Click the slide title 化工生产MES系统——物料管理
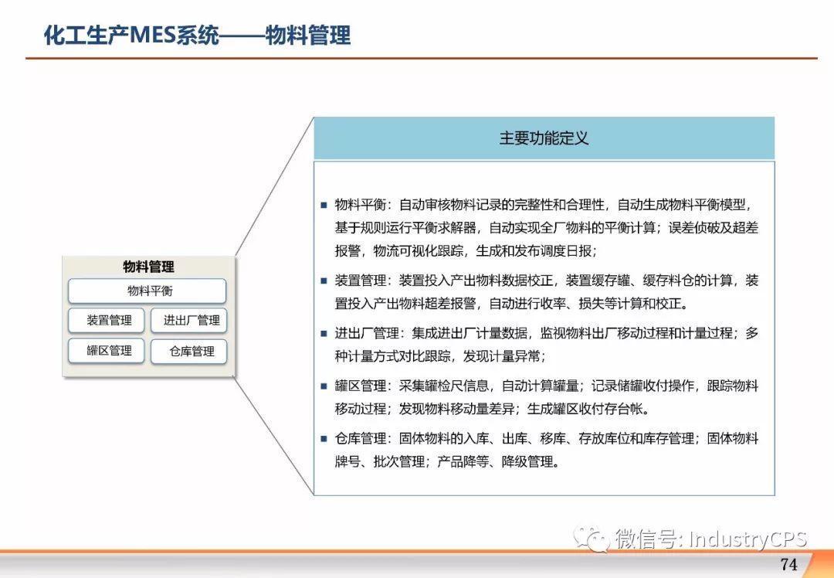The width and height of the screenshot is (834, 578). [x=197, y=35]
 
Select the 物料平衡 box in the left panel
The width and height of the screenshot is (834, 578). [x=147, y=291]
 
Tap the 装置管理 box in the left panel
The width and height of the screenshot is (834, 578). [x=107, y=321]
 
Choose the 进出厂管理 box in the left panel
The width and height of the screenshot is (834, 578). [x=189, y=321]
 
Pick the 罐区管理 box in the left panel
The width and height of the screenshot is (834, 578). [x=107, y=351]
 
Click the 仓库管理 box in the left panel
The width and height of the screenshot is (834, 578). [x=189, y=352]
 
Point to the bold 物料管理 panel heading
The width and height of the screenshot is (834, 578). [x=148, y=267]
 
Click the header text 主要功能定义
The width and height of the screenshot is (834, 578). [x=544, y=138]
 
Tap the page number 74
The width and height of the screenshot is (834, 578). [x=788, y=564]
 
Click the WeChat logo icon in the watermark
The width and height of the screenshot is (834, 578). [x=591, y=539]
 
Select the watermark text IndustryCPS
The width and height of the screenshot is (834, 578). [x=748, y=539]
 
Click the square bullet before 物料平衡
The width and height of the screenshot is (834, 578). [x=324, y=205]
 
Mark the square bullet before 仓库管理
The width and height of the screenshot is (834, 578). [x=324, y=439]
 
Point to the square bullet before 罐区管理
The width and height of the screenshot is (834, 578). [x=324, y=386]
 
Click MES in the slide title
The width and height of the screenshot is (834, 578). [x=153, y=36]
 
